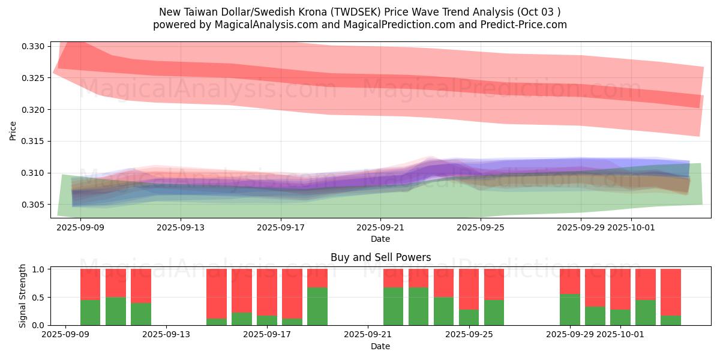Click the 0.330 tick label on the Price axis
click(x=34, y=46)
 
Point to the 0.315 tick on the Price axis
click(x=34, y=141)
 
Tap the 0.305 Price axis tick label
click(x=34, y=205)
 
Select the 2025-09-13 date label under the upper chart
click(x=181, y=228)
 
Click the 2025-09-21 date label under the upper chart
click(x=380, y=228)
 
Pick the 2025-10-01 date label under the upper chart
click(x=631, y=228)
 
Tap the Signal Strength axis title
click(x=22, y=296)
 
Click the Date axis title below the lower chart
click(x=380, y=346)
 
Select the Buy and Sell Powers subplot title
click(x=380, y=257)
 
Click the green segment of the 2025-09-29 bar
click(x=570, y=310)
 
